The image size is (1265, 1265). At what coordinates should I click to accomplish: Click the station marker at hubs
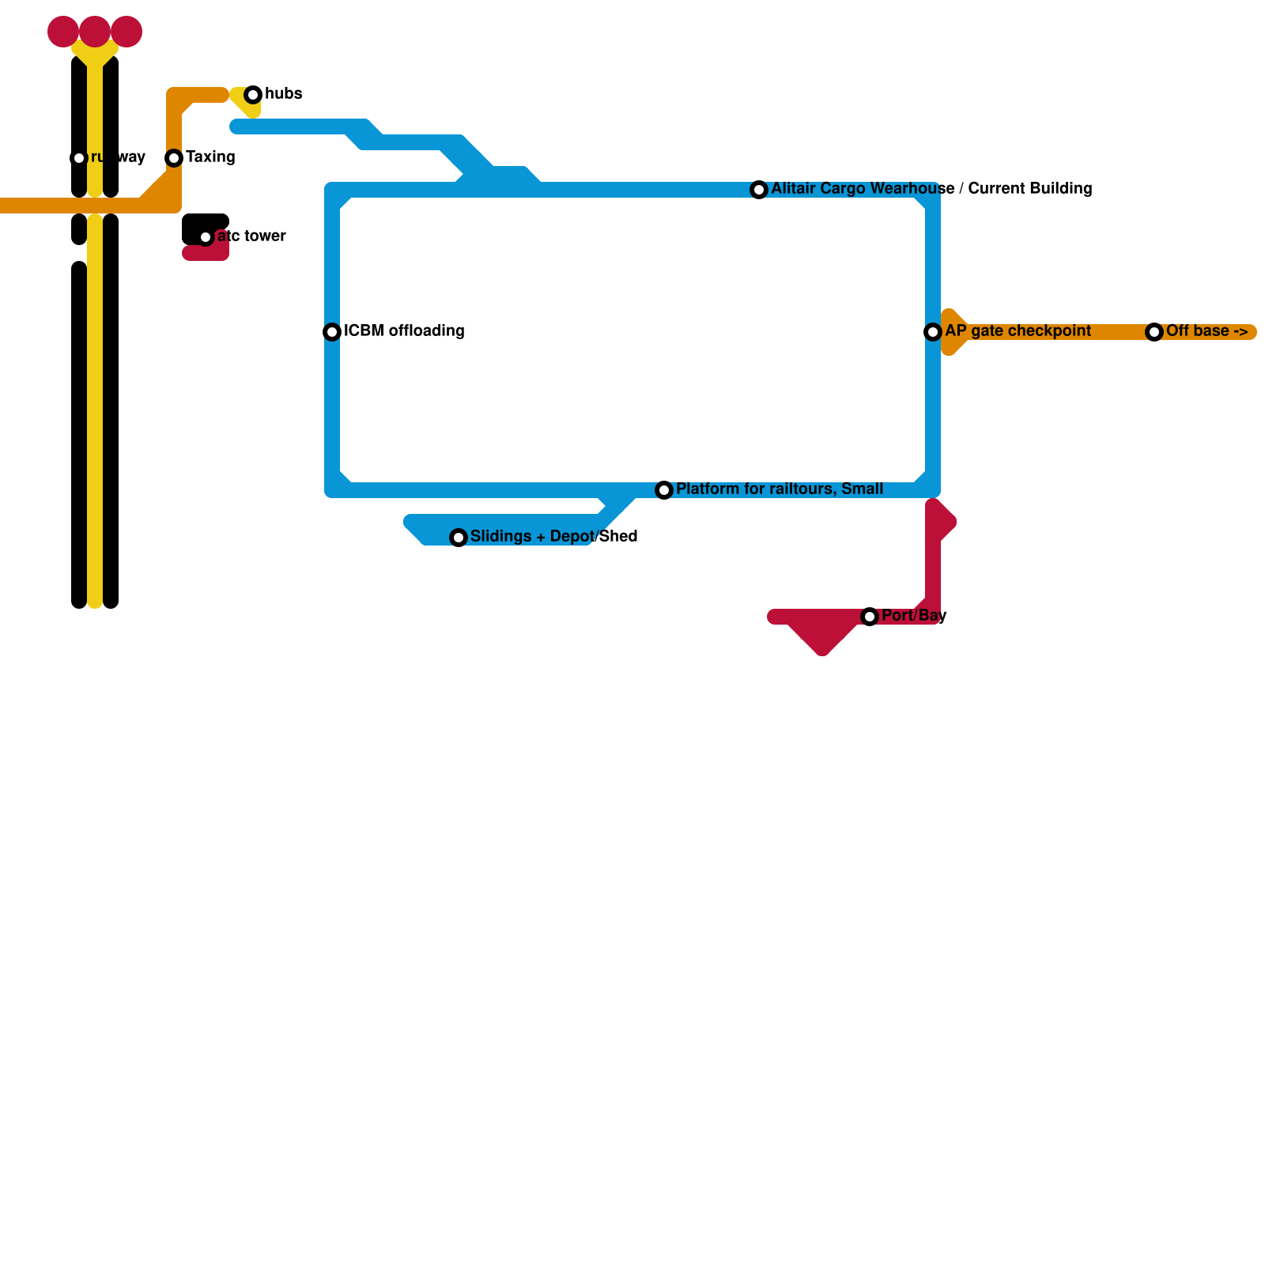(x=253, y=95)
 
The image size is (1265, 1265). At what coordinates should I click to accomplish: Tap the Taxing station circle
(x=174, y=158)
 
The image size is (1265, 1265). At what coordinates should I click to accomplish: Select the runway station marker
(x=79, y=158)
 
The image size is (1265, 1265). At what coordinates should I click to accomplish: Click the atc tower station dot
(x=206, y=237)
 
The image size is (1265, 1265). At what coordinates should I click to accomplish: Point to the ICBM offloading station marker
(x=332, y=332)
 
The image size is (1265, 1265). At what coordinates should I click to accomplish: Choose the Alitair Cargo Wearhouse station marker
(x=759, y=190)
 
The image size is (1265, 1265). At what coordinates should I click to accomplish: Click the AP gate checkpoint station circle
(x=933, y=332)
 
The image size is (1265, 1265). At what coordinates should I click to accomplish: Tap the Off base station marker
(x=1154, y=332)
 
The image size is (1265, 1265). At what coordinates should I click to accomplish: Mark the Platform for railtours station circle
(x=664, y=490)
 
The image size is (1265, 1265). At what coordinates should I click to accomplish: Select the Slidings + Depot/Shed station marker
(x=459, y=538)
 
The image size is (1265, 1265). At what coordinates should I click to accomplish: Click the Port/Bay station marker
(x=870, y=617)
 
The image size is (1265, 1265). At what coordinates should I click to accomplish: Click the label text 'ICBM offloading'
(x=404, y=331)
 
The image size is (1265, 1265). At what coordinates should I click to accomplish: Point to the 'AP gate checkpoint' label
(x=1018, y=331)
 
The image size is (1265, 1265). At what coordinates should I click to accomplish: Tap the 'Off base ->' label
(x=1206, y=331)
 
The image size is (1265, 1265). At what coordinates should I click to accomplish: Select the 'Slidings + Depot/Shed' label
(x=553, y=537)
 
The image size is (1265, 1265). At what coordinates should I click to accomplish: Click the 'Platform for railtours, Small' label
(x=780, y=489)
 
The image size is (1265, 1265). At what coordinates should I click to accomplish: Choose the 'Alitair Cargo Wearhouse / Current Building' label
(x=931, y=189)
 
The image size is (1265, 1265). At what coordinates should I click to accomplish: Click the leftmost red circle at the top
(x=63, y=32)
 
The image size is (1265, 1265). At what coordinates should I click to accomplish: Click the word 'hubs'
(x=283, y=94)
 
